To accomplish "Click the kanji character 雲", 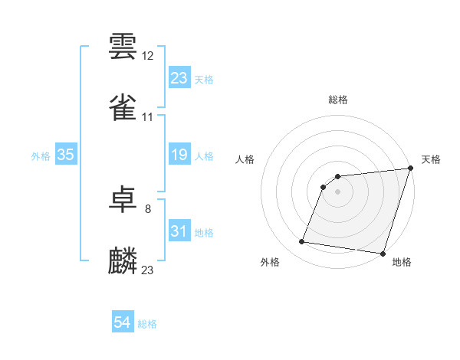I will tap(123, 47).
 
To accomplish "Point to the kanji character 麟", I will tap(123, 260).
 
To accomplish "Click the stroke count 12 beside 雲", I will tap(148, 56).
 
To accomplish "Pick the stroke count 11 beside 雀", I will tap(148, 117).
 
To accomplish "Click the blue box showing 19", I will tap(179, 155).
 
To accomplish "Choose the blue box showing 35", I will tap(65, 155).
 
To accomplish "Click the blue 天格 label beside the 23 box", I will tap(204, 80).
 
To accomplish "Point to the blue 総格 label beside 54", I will tap(147, 324).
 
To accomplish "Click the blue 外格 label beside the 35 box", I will tap(41, 156).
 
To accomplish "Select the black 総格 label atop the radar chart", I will tap(338, 100).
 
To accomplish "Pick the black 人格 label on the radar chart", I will tap(245, 159).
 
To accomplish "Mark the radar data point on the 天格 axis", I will tap(410, 169).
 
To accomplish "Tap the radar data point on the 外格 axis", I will tap(302, 242).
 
